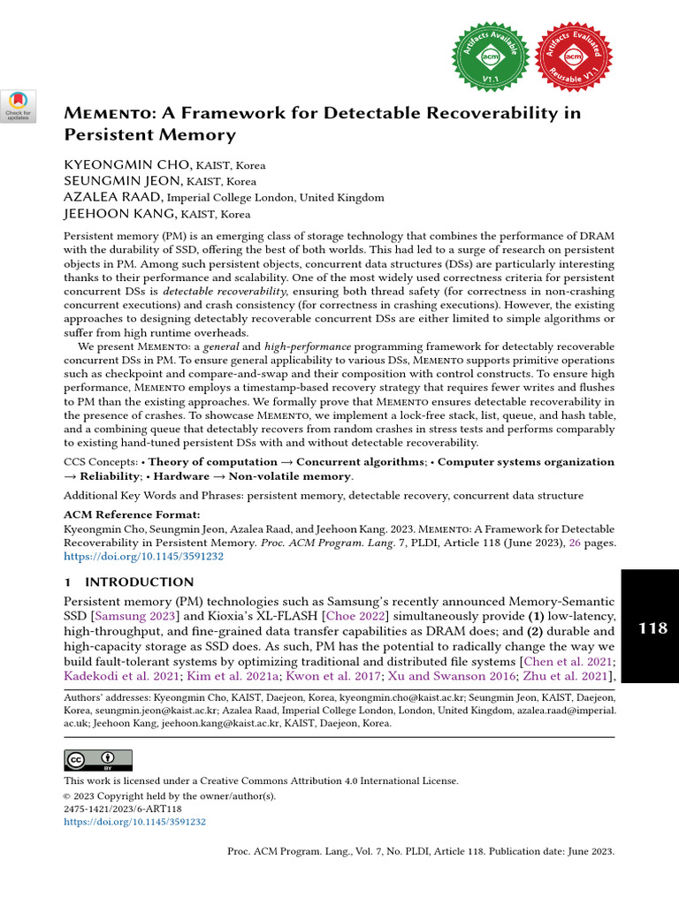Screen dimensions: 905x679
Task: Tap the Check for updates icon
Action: (x=19, y=105)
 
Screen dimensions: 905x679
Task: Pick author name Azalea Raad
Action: (x=112, y=197)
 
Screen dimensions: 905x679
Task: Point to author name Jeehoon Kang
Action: (x=119, y=213)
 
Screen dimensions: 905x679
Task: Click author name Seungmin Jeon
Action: (x=119, y=181)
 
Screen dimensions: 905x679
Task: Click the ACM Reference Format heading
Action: (x=132, y=514)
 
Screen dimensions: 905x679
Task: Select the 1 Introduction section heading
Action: (x=129, y=582)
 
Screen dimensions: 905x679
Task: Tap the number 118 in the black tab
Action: (x=652, y=628)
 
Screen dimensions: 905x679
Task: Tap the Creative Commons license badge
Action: (x=98, y=760)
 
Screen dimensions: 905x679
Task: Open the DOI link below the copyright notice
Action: (x=134, y=821)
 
